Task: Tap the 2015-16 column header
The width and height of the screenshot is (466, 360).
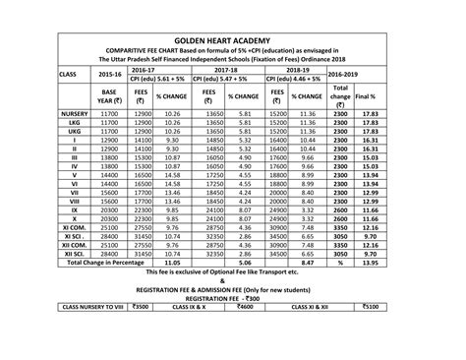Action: [109, 74]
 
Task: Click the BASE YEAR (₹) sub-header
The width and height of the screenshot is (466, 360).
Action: [109, 96]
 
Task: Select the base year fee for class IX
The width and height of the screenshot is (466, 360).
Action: [109, 209]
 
